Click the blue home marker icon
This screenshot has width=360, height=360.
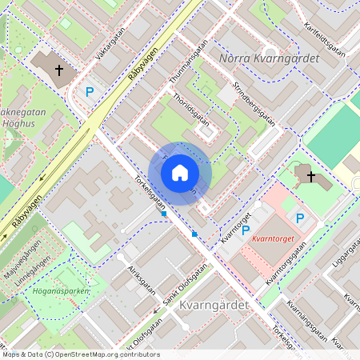180,171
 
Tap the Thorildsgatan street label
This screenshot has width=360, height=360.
191,111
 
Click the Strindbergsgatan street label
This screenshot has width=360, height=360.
254,102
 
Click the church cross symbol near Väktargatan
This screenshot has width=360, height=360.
58,70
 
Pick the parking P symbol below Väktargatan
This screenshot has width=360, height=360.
90,92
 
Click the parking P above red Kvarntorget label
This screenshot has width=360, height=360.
300,218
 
